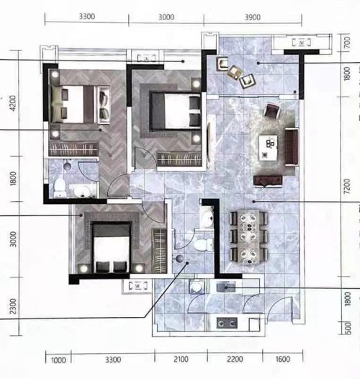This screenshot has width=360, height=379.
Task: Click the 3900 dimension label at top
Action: [253, 17]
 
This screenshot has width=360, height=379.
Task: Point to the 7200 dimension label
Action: [347, 186]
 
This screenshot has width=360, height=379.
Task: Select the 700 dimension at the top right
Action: [346, 43]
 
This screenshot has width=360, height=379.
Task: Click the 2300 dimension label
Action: [13, 306]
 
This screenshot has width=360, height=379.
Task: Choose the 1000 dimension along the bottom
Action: [58, 360]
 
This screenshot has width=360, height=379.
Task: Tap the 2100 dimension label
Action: [181, 359]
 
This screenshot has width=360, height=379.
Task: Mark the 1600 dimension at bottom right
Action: [283, 359]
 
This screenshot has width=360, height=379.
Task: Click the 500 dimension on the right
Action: [347, 328]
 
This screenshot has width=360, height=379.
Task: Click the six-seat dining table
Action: [248, 236]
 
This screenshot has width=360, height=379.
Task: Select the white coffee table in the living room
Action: [268, 148]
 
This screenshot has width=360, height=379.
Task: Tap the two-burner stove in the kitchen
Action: [227, 323]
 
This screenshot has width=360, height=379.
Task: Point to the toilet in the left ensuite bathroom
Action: [59, 188]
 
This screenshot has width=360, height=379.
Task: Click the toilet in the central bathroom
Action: [203, 244]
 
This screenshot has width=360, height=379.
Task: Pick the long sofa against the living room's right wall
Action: [292, 147]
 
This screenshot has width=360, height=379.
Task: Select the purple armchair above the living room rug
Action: [272, 110]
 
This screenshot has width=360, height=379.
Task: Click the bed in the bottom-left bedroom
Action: [111, 247]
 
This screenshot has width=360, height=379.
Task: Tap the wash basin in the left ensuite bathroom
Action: [82, 192]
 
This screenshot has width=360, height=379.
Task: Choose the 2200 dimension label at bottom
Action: [235, 359]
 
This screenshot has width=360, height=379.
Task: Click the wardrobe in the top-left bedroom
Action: [73, 148]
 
